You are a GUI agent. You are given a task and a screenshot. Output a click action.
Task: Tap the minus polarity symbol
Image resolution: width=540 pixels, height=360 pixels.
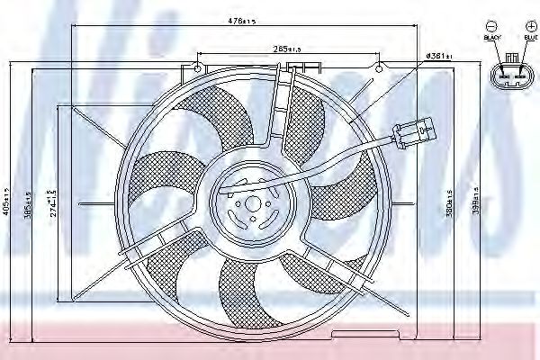pos(492,26)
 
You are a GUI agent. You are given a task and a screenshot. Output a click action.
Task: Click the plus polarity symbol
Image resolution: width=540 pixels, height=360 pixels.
pos(530,26)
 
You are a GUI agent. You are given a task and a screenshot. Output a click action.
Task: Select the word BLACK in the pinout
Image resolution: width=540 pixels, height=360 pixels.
pos(492,39)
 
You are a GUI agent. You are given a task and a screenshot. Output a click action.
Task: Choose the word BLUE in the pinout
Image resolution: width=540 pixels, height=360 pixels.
pos(530,39)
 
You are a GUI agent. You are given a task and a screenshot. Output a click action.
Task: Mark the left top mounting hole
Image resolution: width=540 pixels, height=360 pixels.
pos(197,67)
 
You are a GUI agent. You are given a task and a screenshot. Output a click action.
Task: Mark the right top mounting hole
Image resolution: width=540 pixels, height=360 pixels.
pos(378,67)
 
